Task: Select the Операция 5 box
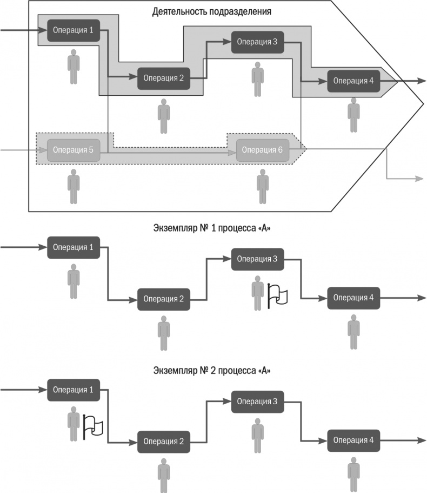[x=74, y=150]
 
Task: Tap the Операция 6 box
[x=263, y=150]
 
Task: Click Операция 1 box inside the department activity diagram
[x=74, y=30]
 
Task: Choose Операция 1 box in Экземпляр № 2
[x=74, y=390]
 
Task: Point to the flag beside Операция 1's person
[x=93, y=426]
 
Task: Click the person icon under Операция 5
[x=74, y=187]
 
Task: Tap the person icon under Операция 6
[x=263, y=187]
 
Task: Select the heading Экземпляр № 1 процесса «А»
[x=212, y=228]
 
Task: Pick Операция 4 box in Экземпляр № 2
[x=353, y=439]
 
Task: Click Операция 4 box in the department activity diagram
[x=353, y=81]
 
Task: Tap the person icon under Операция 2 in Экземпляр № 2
[x=164, y=475]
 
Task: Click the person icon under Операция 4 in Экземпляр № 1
[x=353, y=334]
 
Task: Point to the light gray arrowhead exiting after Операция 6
[x=419, y=178]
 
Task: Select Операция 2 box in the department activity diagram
[x=164, y=78]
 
